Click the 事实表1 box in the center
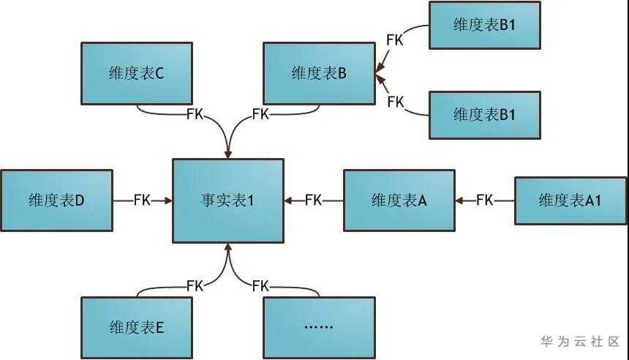click(228, 200)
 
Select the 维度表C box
click(137, 73)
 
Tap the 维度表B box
click(319, 73)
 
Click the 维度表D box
click(57, 200)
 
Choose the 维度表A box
click(399, 200)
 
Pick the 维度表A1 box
click(570, 200)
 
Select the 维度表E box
click(137, 327)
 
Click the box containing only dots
click(319, 327)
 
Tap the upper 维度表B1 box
click(484, 25)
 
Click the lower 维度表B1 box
click(484, 115)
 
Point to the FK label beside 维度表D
click(142, 200)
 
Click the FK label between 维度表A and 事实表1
click(313, 200)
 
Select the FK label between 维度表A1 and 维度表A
click(484, 200)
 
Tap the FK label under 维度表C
click(195, 114)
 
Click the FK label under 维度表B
click(260, 114)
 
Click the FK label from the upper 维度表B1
click(394, 40)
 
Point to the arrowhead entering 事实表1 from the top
click(228, 154)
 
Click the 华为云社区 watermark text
click(579, 342)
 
